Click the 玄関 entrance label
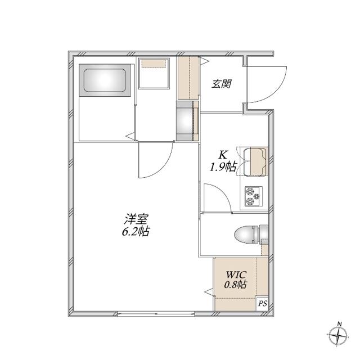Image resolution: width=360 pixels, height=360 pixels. pos(221,84)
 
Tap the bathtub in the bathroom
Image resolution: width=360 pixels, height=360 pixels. pos(105,80)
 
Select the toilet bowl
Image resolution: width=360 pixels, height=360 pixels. pos(251,235)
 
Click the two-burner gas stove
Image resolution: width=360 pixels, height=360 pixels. pos(254,196)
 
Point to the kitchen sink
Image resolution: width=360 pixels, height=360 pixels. pos(255,163)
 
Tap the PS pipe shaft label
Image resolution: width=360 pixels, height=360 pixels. pos(263,304)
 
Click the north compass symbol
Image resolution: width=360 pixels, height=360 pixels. pos(339,335)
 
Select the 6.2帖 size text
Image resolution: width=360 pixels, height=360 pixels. pos(136,231)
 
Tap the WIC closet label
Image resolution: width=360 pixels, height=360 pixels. pos(236,274)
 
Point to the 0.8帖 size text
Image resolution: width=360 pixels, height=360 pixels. pos(235,285)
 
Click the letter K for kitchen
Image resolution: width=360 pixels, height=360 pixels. pos(222,155)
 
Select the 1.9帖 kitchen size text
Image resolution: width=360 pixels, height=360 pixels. pos(223,166)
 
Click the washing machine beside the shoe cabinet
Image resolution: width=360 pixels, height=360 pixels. pos(187,121)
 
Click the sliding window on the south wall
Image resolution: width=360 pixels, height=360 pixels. pos(156,313)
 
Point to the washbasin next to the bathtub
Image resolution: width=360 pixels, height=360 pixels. pos(154,74)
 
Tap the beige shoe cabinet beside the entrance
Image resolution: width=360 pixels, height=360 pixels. pos(188,78)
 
